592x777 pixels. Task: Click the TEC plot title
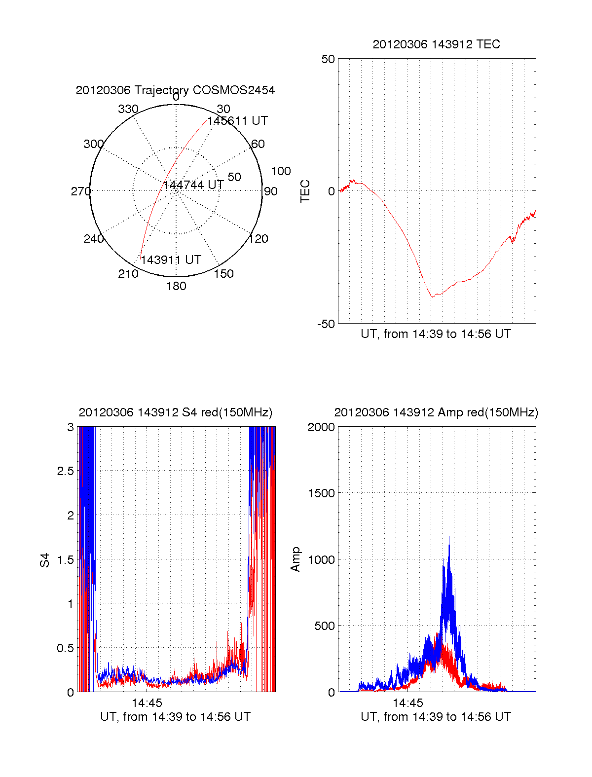[436, 44]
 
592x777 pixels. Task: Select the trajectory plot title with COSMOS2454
[175, 90]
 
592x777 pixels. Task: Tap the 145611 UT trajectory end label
[237, 121]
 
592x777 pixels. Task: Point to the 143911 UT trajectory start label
[171, 260]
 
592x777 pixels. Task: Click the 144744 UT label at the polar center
[193, 185]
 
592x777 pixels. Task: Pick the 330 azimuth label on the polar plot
[128, 109]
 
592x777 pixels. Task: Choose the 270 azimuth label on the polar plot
[80, 191]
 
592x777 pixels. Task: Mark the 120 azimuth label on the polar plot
[259, 239]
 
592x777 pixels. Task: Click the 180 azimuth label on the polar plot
[176, 286]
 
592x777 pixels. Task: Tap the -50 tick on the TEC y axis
[326, 324]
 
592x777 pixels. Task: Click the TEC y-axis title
[305, 191]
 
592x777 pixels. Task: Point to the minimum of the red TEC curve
[432, 296]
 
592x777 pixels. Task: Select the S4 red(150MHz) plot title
[175, 412]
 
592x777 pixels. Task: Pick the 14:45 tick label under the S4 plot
[147, 703]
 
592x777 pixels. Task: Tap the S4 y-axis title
[45, 560]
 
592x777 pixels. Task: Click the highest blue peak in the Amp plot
[449, 537]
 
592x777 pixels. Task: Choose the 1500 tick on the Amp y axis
[321, 493]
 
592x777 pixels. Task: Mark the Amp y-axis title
[296, 559]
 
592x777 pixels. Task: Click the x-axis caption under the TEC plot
[436, 334]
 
